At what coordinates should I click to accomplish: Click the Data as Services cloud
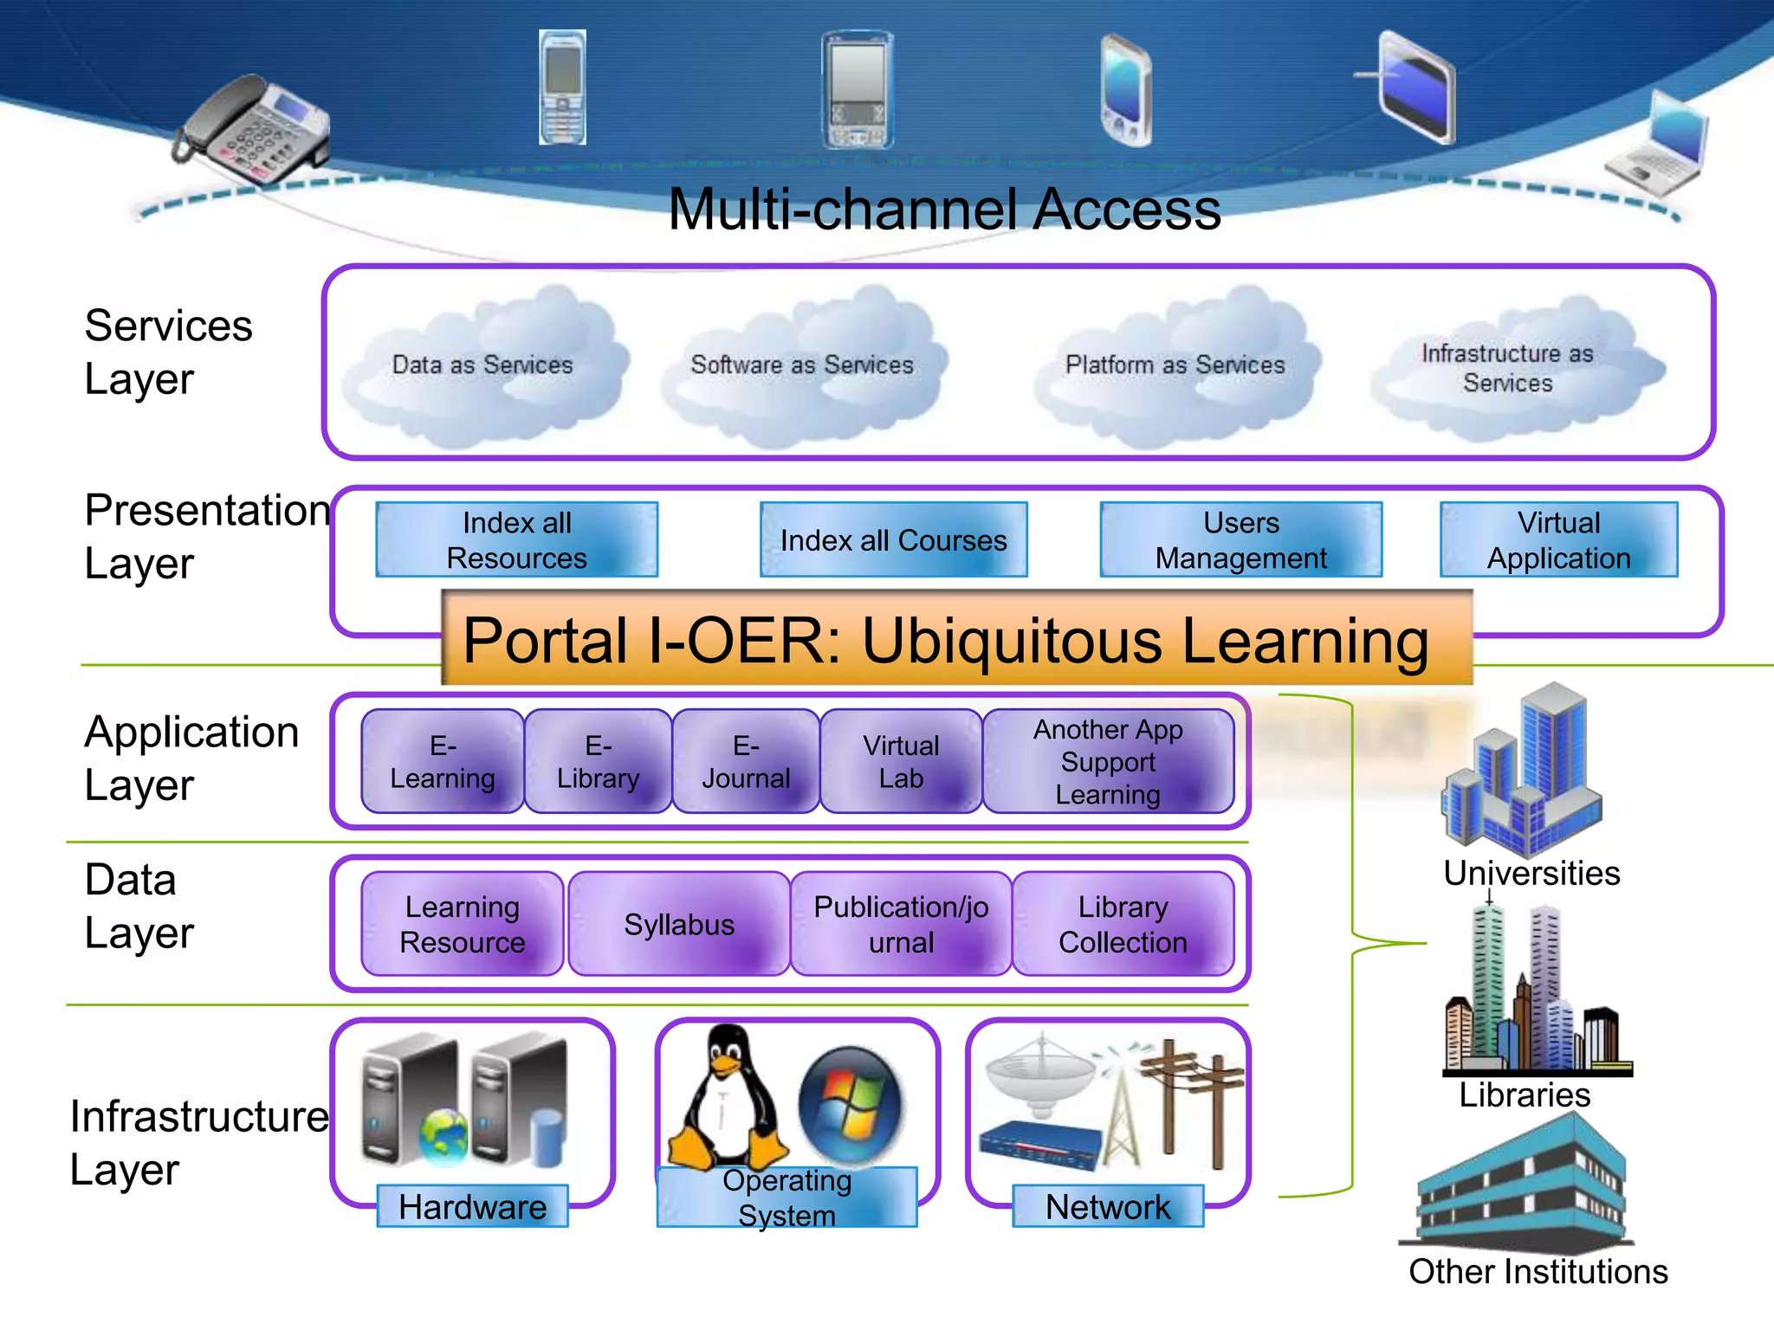(x=482, y=365)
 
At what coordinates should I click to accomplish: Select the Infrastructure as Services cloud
(x=1508, y=368)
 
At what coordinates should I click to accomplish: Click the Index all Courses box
(x=893, y=540)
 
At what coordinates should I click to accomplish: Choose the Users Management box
(x=1240, y=540)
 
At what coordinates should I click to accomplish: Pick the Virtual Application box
(x=1558, y=540)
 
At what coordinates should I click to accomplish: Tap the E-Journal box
(x=746, y=762)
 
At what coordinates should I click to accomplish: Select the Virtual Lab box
(x=901, y=762)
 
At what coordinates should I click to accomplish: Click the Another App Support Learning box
(x=1108, y=762)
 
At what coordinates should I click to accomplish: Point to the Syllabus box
(x=679, y=925)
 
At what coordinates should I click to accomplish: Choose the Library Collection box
(x=1123, y=925)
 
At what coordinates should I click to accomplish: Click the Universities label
(x=1531, y=873)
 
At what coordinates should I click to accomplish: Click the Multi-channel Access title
(x=944, y=210)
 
